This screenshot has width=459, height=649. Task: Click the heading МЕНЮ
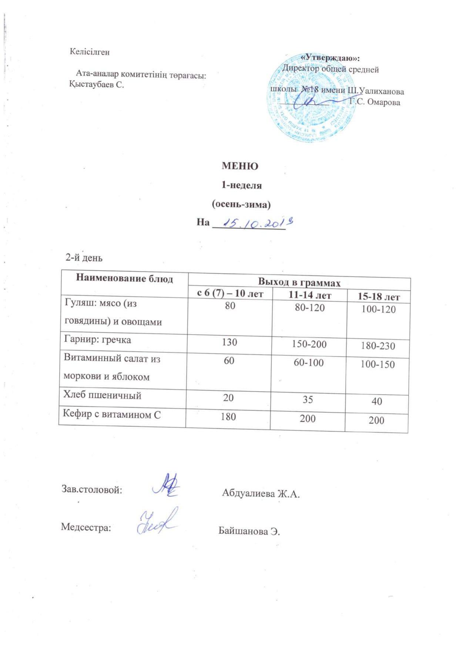pos(239,166)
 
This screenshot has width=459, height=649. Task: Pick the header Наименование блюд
pos(124,278)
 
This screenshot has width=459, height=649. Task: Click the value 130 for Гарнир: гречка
pos(229,342)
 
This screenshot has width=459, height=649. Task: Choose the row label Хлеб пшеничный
pos(102,395)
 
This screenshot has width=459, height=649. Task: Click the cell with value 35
pos(308,399)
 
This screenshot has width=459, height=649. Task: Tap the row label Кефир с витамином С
pos(112,415)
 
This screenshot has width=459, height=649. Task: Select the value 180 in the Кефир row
pos(228,417)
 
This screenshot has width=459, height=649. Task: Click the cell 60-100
pos(308,363)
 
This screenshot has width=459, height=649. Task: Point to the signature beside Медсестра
pos(157,521)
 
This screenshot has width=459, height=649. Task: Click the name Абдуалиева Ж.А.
pos(261,493)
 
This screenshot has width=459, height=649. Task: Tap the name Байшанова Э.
pos(249,531)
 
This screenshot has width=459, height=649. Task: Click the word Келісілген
pos(90,52)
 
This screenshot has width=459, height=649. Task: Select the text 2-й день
pos(84,258)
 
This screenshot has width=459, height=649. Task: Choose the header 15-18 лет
pos(378,297)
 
